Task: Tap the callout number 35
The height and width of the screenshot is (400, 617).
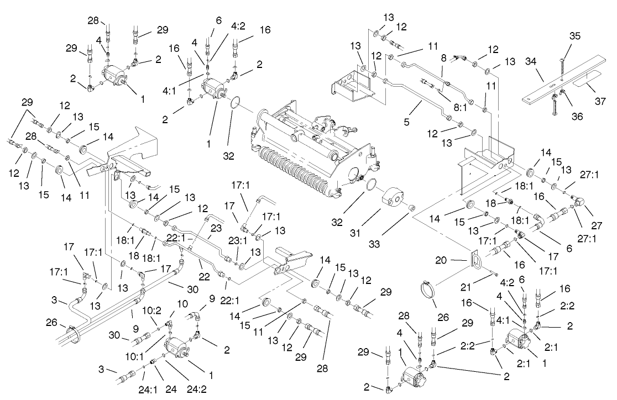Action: pyautogui.click(x=575, y=36)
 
